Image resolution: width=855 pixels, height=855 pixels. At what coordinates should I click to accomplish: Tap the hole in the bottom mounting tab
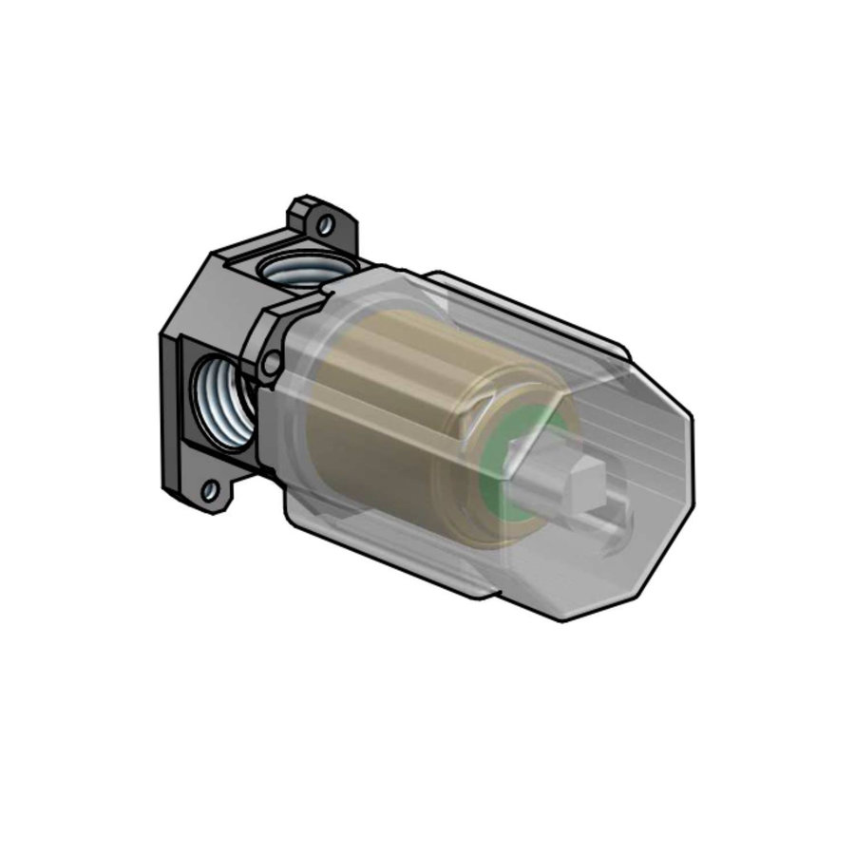pyautogui.click(x=211, y=491)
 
